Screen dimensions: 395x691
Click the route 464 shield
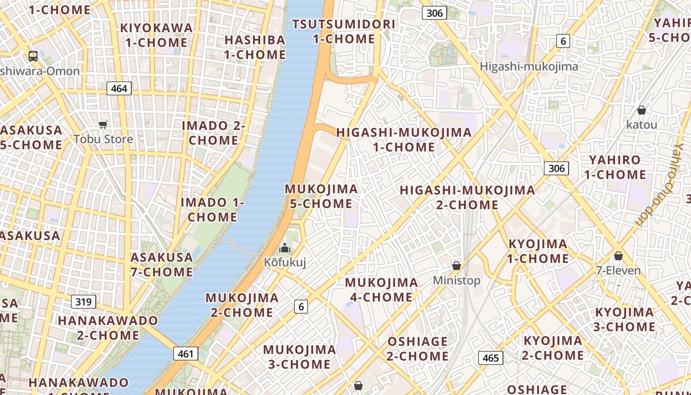119,89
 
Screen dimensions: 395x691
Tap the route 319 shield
83,301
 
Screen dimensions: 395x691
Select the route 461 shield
186,354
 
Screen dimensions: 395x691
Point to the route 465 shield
491,358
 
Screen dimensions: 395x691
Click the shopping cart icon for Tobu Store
103,124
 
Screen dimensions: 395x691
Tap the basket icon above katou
641,110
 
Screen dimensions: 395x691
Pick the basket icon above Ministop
457,266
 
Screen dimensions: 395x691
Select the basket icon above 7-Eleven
618,256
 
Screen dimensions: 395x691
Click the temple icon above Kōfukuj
285,248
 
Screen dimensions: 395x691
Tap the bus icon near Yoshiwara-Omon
33,56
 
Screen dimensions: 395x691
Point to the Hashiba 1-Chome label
255,47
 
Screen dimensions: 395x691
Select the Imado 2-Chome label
213,133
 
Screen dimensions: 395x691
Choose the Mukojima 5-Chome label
321,196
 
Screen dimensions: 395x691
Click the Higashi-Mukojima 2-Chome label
467,197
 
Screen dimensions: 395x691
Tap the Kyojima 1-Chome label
538,251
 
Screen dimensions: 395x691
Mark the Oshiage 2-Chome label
418,349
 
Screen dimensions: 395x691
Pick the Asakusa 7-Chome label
161,265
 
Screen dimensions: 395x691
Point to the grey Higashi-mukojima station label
529,66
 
